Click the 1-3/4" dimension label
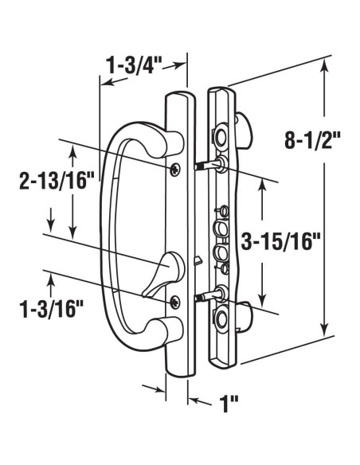point(134,65)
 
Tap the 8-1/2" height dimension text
point(312,140)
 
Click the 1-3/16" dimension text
point(51,309)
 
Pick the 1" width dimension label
point(228,404)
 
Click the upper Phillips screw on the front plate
point(175,169)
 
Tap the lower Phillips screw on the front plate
point(175,301)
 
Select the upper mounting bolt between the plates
point(208,165)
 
